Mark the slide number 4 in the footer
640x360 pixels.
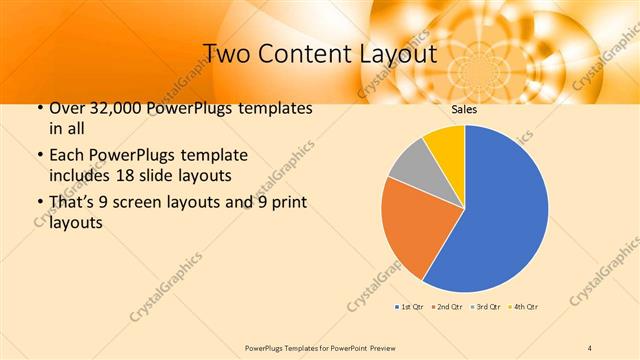point(589,347)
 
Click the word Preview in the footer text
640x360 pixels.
point(380,347)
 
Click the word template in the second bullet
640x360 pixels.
point(215,156)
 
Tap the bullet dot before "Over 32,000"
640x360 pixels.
point(39,108)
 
